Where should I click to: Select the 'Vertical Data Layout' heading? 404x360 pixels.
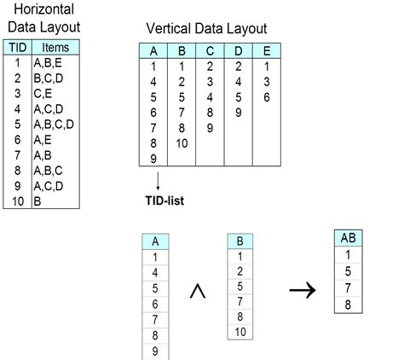point(206,29)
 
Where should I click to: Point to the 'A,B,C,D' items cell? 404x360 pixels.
point(54,123)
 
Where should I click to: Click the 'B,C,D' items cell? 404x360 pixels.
point(49,78)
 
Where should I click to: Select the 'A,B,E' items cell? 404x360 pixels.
point(49,63)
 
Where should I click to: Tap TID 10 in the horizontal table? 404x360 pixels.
point(17,202)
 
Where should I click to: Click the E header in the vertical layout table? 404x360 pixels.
point(267,50)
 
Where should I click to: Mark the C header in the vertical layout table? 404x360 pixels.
point(209,50)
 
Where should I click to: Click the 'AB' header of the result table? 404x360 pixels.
point(347,238)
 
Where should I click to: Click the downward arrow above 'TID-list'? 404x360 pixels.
point(158,180)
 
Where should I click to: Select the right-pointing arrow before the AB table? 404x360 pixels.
point(301,292)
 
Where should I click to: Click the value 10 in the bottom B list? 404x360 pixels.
point(241,331)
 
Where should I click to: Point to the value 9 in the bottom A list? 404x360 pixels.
point(153,351)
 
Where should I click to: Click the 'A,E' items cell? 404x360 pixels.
point(43,138)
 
